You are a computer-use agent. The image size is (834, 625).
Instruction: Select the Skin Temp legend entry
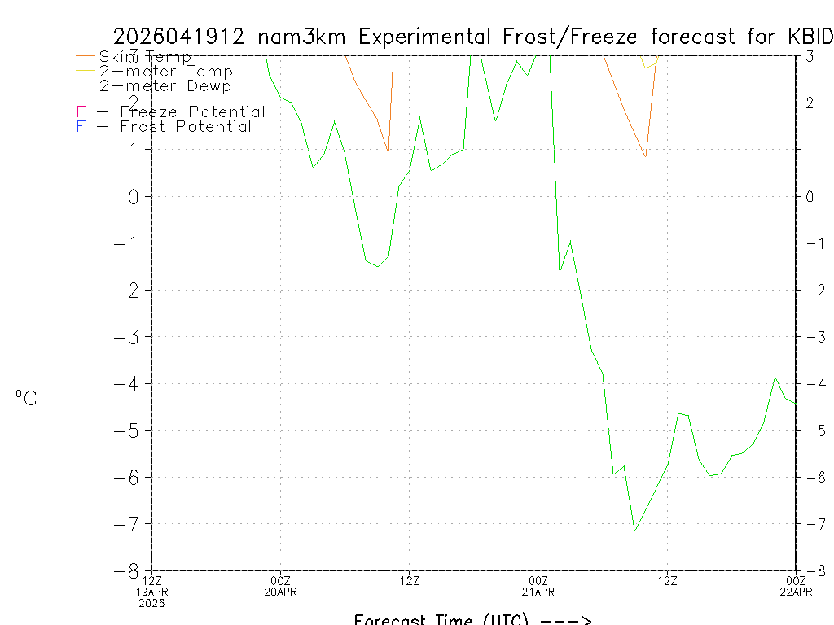145,57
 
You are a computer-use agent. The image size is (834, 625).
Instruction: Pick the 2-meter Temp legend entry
165,72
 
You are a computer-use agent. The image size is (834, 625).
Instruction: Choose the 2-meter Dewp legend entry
165,86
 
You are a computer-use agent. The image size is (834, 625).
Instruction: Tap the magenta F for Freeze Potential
81,112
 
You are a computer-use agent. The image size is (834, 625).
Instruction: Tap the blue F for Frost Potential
81,127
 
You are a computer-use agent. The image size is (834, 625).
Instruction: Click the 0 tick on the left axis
135,197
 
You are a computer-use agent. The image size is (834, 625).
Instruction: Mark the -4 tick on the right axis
811,384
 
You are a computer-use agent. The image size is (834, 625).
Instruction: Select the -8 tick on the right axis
811,570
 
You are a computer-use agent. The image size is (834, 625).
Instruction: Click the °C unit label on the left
26,399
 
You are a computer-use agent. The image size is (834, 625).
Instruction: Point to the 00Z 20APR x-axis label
280,586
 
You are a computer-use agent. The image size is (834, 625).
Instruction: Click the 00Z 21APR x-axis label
538,586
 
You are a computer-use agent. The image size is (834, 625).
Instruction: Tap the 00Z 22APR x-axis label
795,586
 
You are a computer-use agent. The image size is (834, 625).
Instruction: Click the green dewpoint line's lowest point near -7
634,531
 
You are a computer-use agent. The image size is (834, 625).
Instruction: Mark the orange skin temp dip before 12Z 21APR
645,156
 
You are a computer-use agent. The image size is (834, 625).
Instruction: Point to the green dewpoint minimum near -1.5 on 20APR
376,266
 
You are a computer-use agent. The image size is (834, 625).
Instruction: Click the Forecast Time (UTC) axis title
472,619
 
